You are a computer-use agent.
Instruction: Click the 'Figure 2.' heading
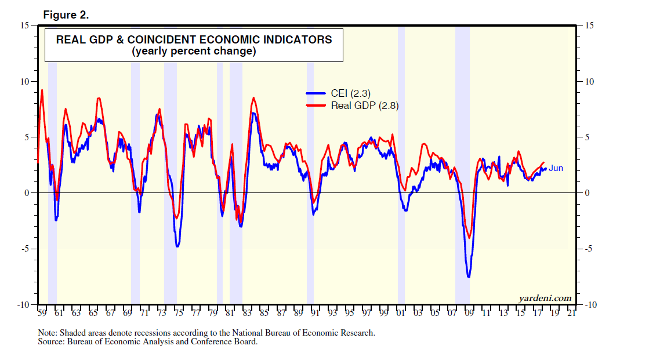(66, 15)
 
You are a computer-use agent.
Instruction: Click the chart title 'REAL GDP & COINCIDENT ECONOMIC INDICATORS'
(194, 40)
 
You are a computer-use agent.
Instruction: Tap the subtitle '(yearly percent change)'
(194, 51)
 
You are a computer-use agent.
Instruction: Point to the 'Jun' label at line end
(556, 168)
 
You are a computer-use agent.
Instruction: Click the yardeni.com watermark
(545, 298)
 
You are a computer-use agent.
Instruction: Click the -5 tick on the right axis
(590, 249)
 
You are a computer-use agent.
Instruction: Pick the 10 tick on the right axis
(590, 81)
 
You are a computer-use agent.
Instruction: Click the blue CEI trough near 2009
(469, 277)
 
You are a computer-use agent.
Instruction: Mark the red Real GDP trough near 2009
(469, 238)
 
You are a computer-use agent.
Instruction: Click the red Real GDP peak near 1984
(253, 98)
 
